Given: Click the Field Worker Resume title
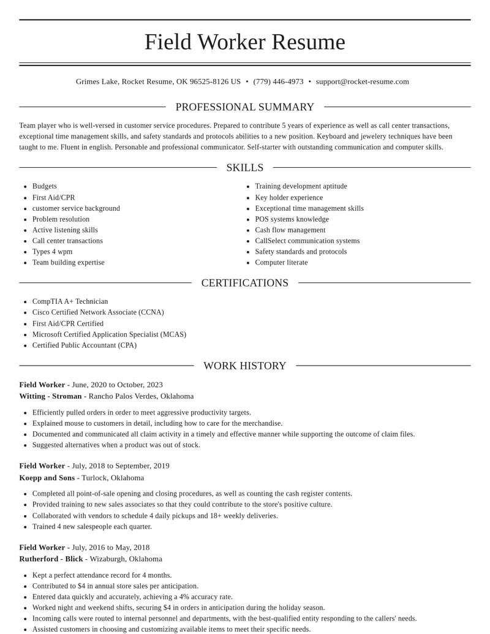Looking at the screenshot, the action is pyautogui.click(x=245, y=42).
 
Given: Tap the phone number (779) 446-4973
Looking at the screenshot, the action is pyautogui.click(x=278, y=81).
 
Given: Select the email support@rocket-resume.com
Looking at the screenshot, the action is pyautogui.click(x=362, y=81).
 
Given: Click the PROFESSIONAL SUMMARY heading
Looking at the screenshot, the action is pyautogui.click(x=245, y=107).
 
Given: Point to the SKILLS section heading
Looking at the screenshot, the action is pyautogui.click(x=245, y=168).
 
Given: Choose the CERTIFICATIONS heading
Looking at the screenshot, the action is pyautogui.click(x=245, y=283).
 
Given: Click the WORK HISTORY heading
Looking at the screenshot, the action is pyautogui.click(x=245, y=366).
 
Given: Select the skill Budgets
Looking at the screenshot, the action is pyautogui.click(x=45, y=186).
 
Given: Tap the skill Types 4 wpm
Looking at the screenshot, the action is pyautogui.click(x=52, y=251).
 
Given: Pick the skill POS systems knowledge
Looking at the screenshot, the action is pyautogui.click(x=292, y=219).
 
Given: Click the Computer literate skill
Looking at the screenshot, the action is pyautogui.click(x=281, y=262).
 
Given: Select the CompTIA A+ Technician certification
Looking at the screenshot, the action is pyautogui.click(x=70, y=301).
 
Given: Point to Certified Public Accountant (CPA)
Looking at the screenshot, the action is pyautogui.click(x=85, y=345).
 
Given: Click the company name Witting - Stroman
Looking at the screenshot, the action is pyautogui.click(x=50, y=396).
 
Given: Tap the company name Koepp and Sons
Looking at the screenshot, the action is pyautogui.click(x=47, y=478).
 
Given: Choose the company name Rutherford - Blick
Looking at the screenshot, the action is pyautogui.click(x=51, y=559).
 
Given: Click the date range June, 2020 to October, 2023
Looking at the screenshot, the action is pyautogui.click(x=117, y=385).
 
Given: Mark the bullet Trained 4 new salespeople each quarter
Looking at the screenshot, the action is pyautogui.click(x=92, y=526).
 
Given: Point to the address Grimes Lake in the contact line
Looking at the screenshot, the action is pyautogui.click(x=97, y=81).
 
